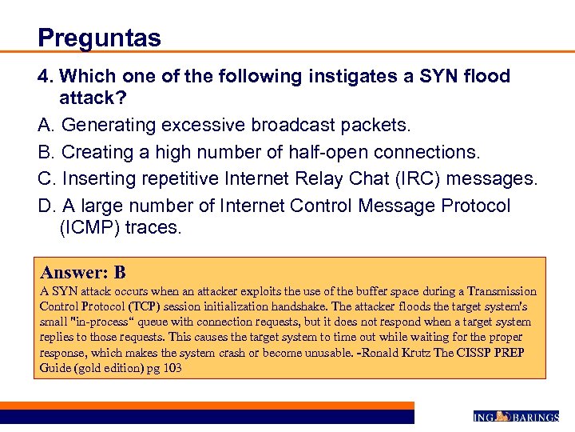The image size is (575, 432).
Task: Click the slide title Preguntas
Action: pos(99,38)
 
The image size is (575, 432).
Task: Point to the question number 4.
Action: pos(46,77)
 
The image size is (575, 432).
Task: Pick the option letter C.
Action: pos(45,177)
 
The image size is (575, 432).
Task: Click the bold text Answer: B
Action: pos(83,272)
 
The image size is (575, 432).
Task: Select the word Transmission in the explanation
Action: pos(502,292)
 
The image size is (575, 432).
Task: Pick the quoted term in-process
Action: pos(101,322)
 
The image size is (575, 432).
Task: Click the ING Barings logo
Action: pos(516,417)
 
